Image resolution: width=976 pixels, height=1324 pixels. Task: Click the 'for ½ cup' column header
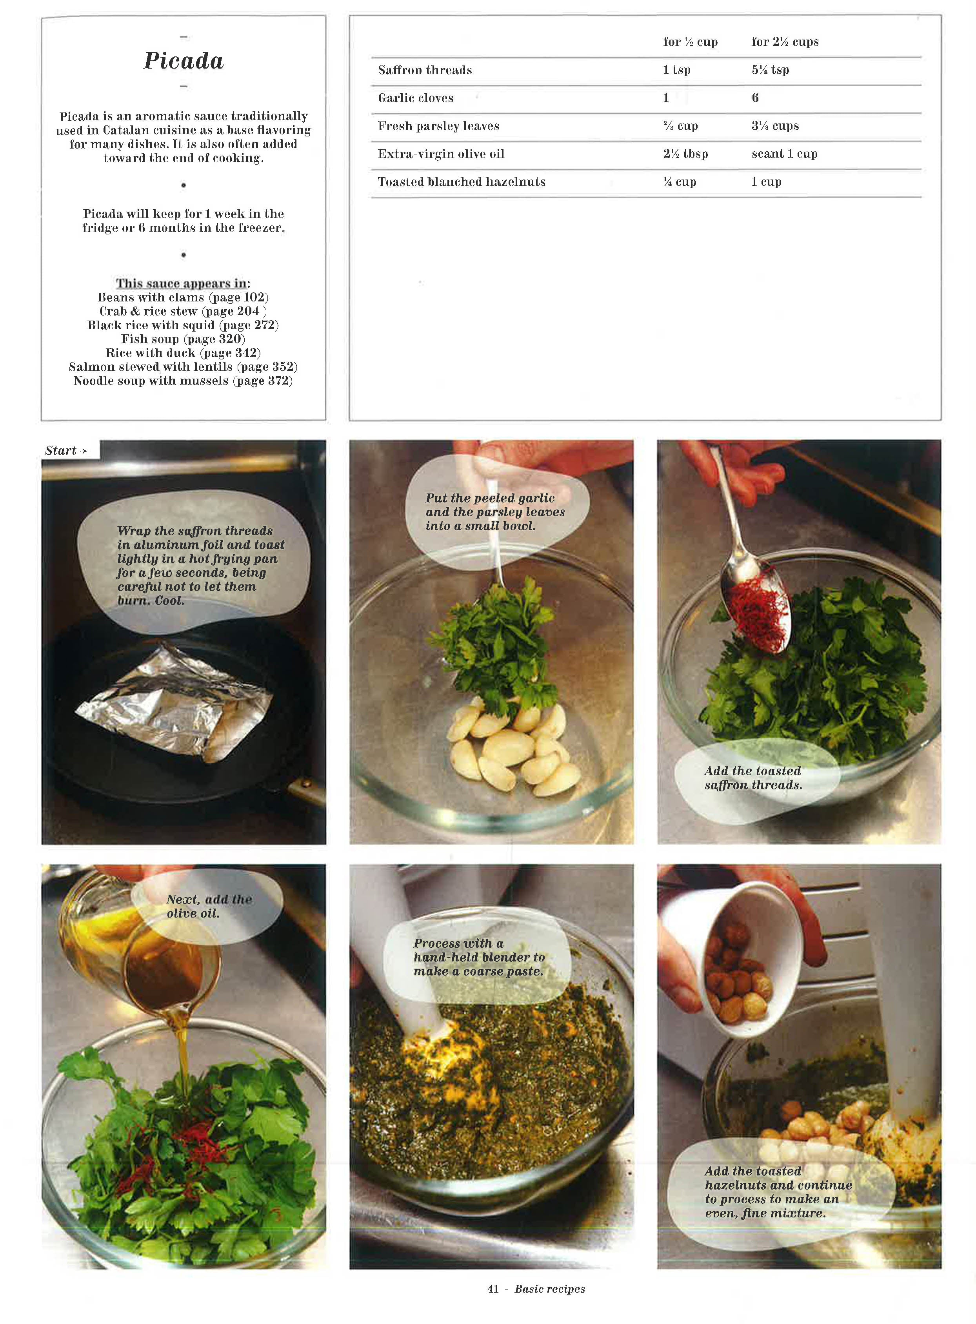(x=690, y=42)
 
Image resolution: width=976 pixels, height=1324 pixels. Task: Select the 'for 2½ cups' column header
(x=785, y=42)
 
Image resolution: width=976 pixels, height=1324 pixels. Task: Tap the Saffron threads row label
(x=425, y=70)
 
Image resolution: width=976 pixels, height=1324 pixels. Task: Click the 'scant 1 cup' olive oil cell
(x=784, y=154)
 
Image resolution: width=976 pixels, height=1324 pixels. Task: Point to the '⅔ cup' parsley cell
(x=680, y=126)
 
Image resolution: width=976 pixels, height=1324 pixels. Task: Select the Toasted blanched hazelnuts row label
(x=462, y=182)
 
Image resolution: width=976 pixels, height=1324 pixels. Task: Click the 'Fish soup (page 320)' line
(x=183, y=339)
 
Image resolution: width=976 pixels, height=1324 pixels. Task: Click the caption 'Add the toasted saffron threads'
(x=752, y=778)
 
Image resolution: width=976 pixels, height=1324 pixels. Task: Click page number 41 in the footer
(x=493, y=1289)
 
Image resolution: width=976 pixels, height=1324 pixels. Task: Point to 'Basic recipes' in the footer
(x=549, y=1289)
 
